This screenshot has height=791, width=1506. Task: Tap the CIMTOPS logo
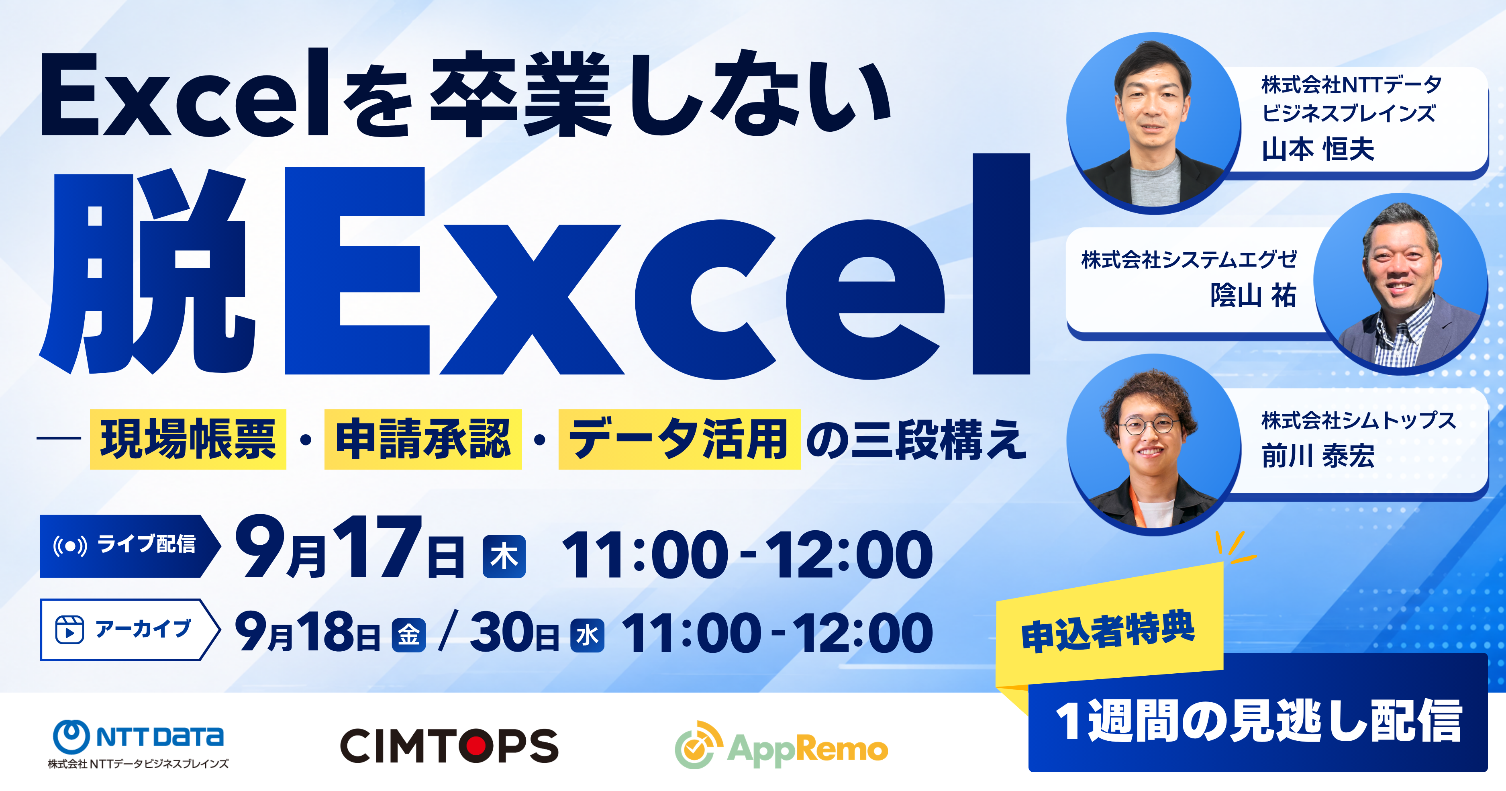coord(449,745)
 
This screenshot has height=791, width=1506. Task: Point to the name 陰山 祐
coord(1253,295)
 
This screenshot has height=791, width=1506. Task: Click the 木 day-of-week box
coord(504,556)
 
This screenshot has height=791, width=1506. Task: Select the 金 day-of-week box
coord(409,635)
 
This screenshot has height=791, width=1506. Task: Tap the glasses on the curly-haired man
coord(1148,425)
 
